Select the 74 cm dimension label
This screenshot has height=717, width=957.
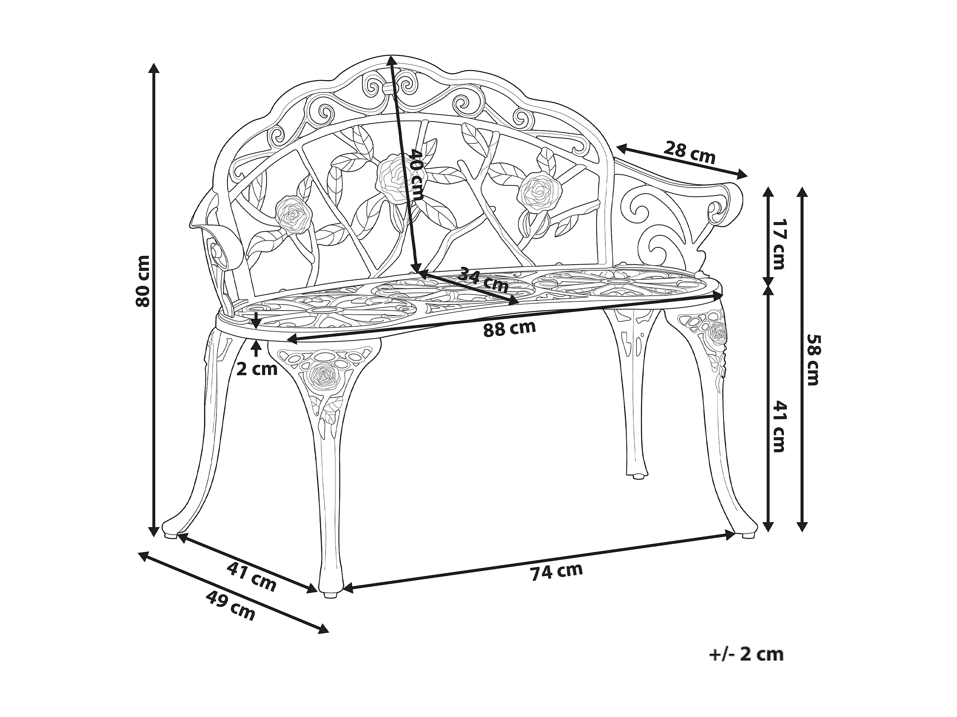click(557, 571)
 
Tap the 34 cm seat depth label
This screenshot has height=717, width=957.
click(483, 279)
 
